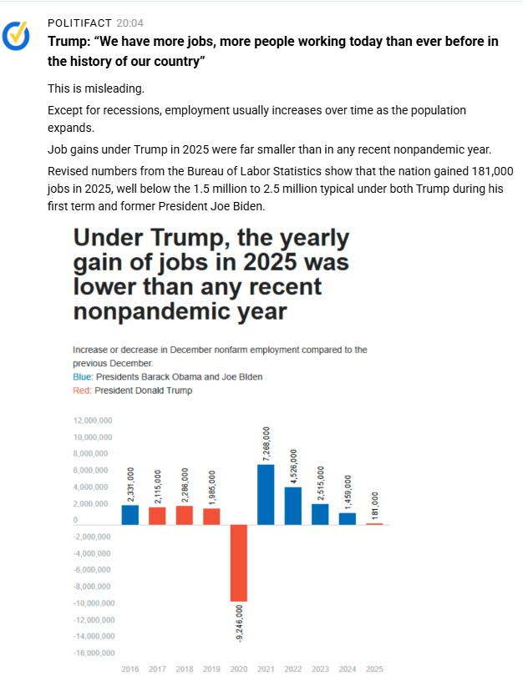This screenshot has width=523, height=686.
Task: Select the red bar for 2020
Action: pos(238,562)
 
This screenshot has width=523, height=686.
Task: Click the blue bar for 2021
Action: pos(266,494)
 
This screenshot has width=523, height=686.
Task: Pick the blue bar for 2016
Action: pos(130,515)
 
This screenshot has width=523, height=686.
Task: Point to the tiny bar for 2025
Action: pos(374,523)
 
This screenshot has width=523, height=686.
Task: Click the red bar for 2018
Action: pos(185,515)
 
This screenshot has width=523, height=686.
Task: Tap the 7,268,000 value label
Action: pos(267,443)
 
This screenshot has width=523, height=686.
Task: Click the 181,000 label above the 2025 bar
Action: pos(374,503)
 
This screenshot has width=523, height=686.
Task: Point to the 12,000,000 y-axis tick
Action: pos(93,421)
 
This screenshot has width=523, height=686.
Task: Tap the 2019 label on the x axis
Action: pos(211,669)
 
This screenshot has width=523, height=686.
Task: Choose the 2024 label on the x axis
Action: pos(347,669)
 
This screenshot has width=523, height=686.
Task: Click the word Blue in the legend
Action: pos(82,376)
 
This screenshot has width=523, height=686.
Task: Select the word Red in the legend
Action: pos(81,390)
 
